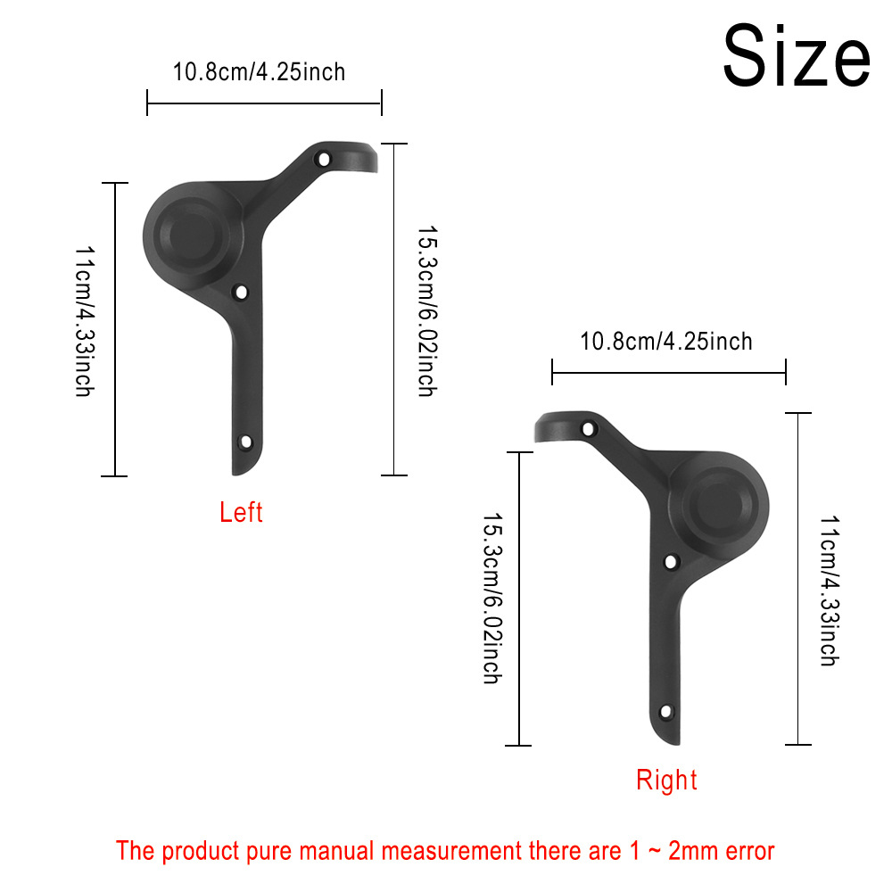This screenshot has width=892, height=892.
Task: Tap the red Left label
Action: tap(241, 512)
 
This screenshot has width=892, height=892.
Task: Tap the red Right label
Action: tap(666, 780)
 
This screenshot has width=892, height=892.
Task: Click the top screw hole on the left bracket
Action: tap(324, 160)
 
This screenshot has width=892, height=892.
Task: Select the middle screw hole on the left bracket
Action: tap(241, 293)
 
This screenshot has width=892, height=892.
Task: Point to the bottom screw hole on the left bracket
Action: tap(246, 442)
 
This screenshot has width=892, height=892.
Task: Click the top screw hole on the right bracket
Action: tap(588, 428)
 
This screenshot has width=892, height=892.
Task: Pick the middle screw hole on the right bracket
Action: tap(671, 562)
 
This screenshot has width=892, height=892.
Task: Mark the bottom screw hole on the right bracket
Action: tap(665, 712)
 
